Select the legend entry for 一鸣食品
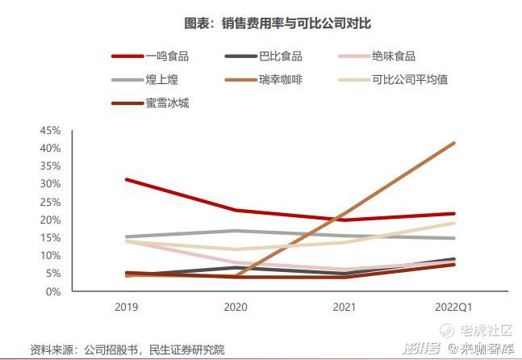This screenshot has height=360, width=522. point(167,57)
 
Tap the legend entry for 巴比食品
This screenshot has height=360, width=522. point(280,57)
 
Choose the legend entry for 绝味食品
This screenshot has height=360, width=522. point(394,57)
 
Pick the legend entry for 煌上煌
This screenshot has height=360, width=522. point(161,80)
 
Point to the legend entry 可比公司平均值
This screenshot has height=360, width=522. point(410,80)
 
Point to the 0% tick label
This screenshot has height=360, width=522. point(53,291)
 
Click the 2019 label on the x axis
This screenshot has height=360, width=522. point(127,308)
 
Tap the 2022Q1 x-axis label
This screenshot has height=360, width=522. point(453,308)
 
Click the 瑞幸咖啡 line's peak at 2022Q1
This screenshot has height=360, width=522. point(454,143)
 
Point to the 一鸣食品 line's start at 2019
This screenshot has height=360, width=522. point(127,179)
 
